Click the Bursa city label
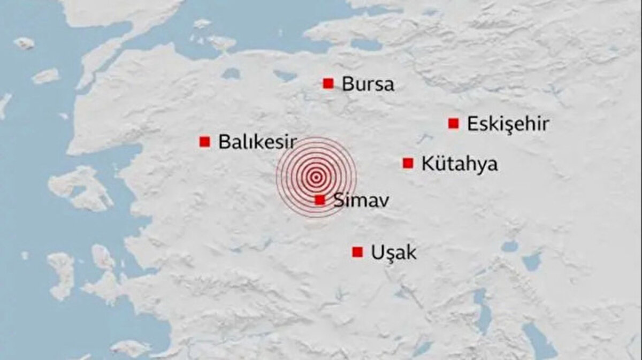[368, 84]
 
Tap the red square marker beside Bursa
[328, 83]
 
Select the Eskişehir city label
[508, 124]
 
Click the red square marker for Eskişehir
[454, 124]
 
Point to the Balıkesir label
[257, 142]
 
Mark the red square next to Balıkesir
[204, 142]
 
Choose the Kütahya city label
[459, 164]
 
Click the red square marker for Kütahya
[408, 163]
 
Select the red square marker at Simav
[320, 200]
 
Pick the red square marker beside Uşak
[357, 252]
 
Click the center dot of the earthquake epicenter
[316, 177]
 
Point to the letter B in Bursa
[348, 84]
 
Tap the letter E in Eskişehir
[473, 124]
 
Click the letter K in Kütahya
[428, 164]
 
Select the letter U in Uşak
[377, 252]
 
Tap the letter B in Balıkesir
[224, 142]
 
